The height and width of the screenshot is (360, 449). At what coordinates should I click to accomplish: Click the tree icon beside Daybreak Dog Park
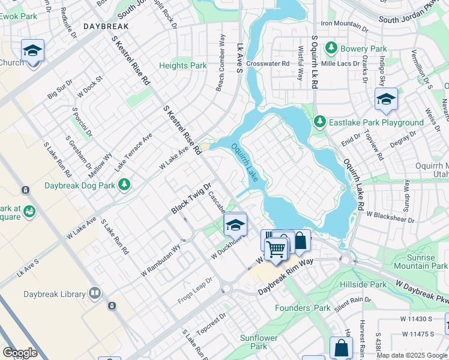click(x=125, y=185)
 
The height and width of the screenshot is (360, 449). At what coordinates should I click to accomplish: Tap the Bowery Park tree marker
click(x=330, y=47)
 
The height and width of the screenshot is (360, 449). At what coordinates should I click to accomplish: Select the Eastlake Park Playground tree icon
click(x=320, y=122)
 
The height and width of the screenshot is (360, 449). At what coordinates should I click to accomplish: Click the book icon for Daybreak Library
click(x=94, y=294)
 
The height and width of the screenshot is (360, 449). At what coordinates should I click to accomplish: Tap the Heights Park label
click(x=182, y=66)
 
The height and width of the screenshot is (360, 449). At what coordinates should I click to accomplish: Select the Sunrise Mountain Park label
click(x=420, y=261)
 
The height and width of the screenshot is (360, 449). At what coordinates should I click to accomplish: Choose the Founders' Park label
click(x=303, y=308)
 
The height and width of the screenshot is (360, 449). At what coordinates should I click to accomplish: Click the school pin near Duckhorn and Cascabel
click(x=236, y=225)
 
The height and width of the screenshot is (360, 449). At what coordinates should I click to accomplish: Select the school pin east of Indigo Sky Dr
click(x=386, y=100)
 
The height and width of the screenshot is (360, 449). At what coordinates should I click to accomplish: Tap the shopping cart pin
click(x=276, y=248)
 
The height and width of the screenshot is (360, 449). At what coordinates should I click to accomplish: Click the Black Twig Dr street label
click(x=191, y=198)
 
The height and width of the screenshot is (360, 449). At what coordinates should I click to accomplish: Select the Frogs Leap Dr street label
click(x=195, y=290)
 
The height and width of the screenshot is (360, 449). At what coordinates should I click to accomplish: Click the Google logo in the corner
click(x=20, y=353)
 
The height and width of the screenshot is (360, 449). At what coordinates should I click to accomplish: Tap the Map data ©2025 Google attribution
click(x=412, y=355)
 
